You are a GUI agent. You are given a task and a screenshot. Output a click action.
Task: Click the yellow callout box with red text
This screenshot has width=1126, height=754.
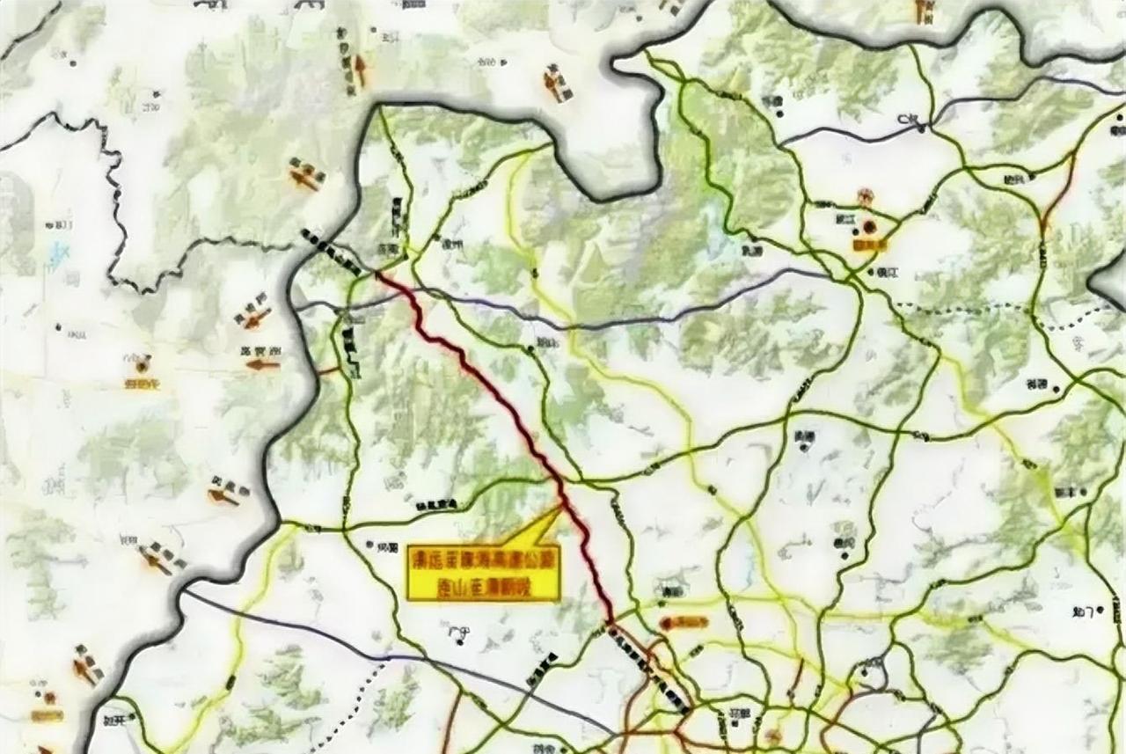click(x=484, y=571)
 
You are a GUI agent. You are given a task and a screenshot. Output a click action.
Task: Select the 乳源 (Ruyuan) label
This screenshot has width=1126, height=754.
click(x=752, y=251)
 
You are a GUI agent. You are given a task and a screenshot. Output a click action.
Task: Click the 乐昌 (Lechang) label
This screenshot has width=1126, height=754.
click(x=774, y=99)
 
